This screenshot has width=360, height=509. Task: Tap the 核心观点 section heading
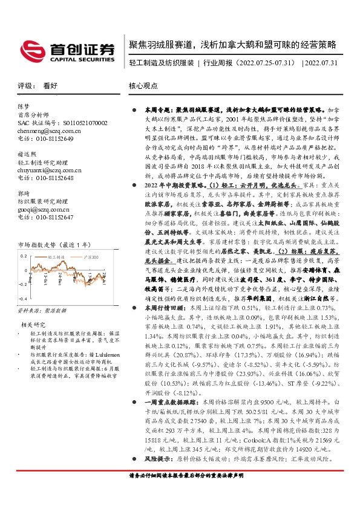tap(144, 86)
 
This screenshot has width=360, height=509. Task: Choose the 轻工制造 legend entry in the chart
tap(56, 257)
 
